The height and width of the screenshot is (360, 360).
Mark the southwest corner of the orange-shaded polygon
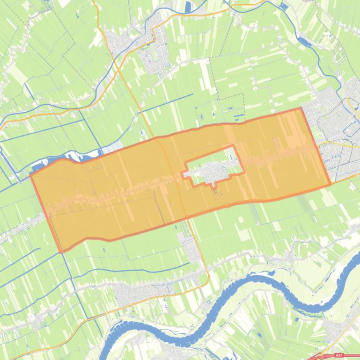pos(62,252)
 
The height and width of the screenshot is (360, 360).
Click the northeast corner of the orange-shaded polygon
pos(301,108)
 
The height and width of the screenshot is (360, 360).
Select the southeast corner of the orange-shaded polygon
pos(331,184)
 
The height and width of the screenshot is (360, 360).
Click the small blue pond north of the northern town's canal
pos(189,7)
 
